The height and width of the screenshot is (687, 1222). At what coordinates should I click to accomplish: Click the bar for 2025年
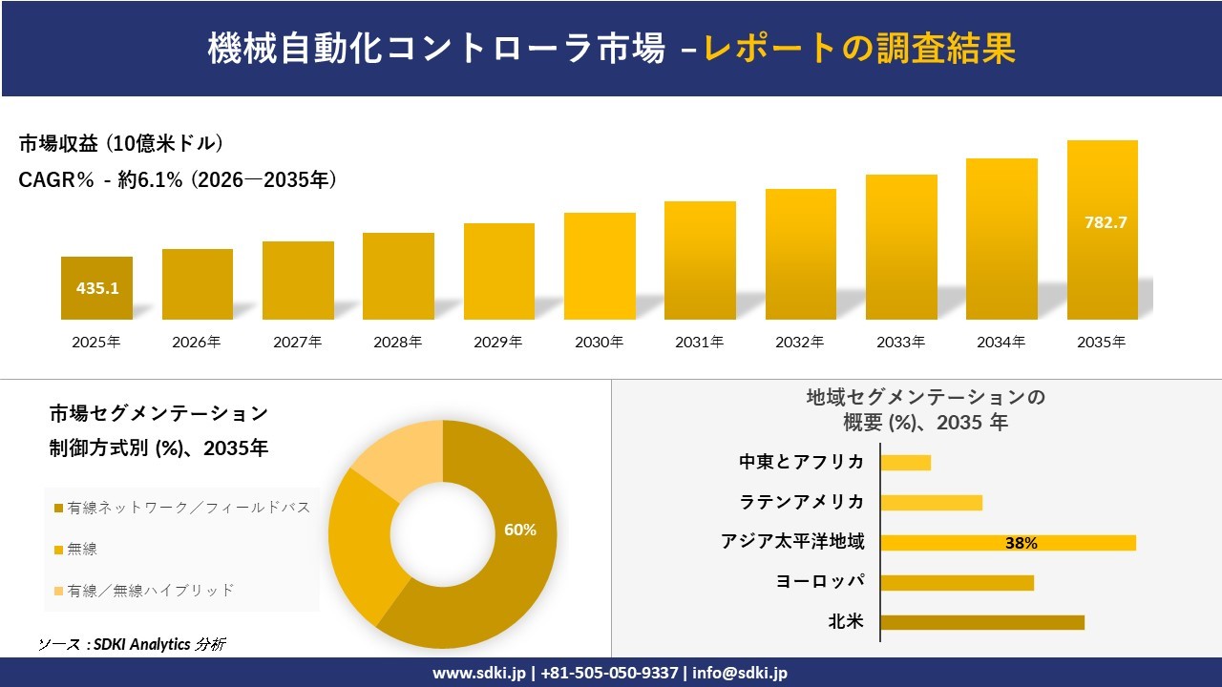click(x=96, y=288)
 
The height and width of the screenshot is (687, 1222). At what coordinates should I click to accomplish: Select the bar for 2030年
click(x=600, y=266)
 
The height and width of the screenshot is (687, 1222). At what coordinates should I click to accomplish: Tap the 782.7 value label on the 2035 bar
click(x=1106, y=222)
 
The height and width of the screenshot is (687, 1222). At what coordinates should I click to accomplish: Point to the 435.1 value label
click(x=97, y=288)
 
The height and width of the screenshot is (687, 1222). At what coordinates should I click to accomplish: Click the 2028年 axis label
click(x=398, y=342)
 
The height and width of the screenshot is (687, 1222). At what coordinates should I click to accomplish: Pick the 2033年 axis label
click(x=901, y=342)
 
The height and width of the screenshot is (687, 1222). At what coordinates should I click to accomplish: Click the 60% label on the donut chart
click(x=520, y=531)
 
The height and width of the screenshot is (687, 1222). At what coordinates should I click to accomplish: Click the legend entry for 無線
click(x=82, y=549)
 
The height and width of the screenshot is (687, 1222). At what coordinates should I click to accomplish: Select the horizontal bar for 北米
click(x=982, y=622)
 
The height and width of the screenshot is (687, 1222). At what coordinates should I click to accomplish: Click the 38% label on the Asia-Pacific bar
click(x=1021, y=543)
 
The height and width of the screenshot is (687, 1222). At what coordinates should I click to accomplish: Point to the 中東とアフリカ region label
click(x=802, y=462)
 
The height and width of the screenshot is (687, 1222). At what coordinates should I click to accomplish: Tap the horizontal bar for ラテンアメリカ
click(x=932, y=503)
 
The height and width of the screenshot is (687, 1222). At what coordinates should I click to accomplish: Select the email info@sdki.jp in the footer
click(x=740, y=673)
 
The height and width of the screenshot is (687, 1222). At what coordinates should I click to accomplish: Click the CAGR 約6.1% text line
click(x=178, y=179)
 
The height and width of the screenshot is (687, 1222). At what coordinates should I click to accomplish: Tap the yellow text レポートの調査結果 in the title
click(x=859, y=48)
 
